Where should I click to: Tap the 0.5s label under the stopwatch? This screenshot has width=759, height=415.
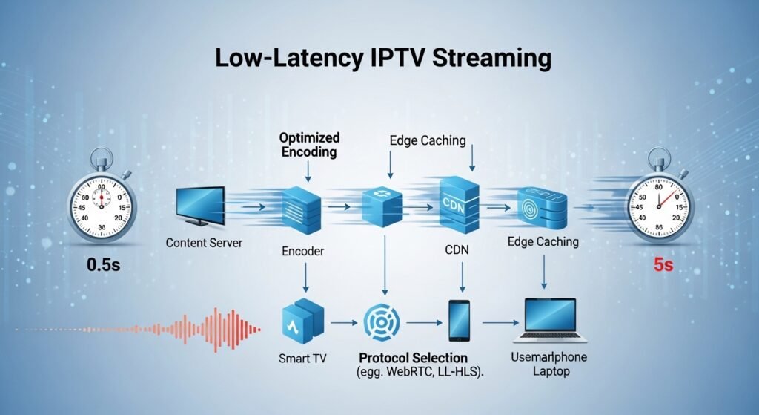click(x=102, y=264)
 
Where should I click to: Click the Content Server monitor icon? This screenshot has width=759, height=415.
click(x=199, y=206)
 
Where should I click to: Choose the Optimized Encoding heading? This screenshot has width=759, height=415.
click(x=309, y=145)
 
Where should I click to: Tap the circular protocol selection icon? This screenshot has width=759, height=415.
click(x=384, y=321)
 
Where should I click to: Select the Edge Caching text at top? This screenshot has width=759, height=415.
click(x=427, y=140)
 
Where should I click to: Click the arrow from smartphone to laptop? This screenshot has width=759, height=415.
click(x=500, y=323)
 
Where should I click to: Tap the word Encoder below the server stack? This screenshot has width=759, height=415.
click(x=302, y=252)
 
